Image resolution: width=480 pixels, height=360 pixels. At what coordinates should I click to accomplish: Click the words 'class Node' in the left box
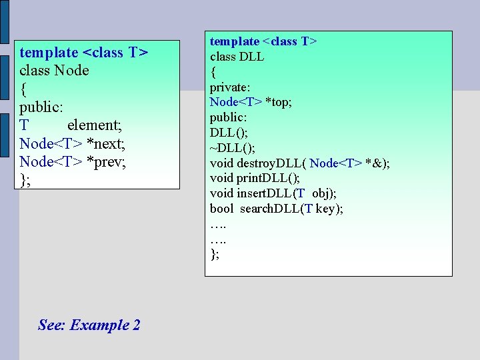point(54,70)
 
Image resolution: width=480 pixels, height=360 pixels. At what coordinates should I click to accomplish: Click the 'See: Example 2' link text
point(89,325)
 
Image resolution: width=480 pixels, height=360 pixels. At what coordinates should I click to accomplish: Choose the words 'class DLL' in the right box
point(237,57)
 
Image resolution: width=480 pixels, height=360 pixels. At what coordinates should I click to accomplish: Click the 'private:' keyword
point(230,87)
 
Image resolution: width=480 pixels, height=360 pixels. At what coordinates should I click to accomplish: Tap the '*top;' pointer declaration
point(277,102)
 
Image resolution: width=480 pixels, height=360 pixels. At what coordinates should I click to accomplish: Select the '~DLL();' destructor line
point(232,147)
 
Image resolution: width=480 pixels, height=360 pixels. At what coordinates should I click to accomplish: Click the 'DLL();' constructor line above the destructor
point(229,133)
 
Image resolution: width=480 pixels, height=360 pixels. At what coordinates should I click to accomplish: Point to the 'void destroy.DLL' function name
point(257,163)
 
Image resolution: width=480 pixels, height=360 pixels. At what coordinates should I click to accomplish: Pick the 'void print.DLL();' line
point(255,178)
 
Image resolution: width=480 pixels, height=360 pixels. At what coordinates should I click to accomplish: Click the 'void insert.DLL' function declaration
point(252,193)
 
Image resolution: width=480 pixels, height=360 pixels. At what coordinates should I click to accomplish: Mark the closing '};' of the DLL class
point(214,254)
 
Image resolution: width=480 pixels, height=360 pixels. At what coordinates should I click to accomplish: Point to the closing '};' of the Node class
point(25,179)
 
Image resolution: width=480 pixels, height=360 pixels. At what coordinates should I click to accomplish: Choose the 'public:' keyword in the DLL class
point(228,117)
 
